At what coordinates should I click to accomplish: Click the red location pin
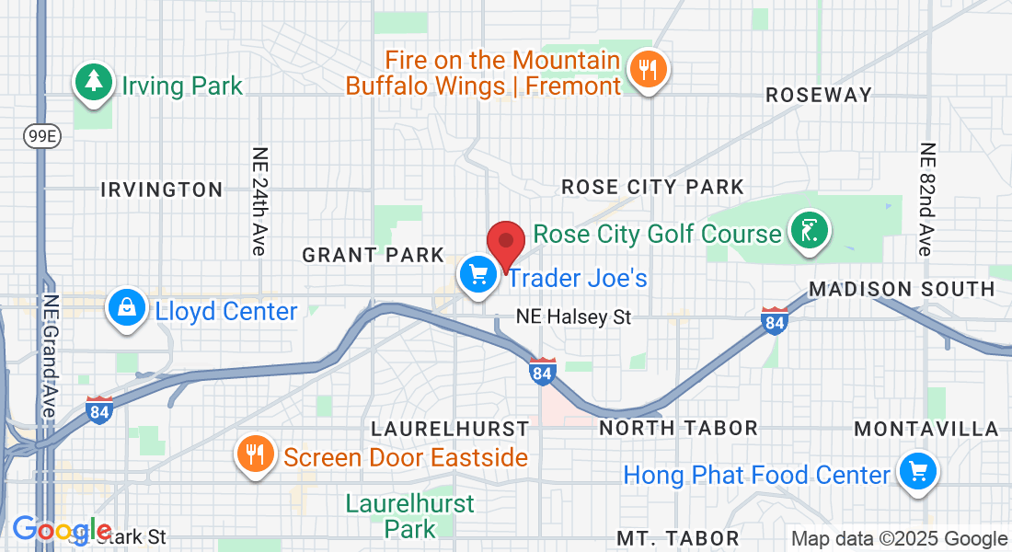tap(505, 245)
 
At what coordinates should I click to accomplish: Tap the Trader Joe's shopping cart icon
tap(477, 274)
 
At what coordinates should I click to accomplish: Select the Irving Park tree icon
tap(93, 80)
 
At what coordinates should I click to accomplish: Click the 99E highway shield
tap(37, 135)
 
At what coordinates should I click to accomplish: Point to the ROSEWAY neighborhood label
tap(818, 95)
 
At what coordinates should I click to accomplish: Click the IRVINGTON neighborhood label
tap(162, 190)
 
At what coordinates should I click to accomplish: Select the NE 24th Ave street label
tap(259, 201)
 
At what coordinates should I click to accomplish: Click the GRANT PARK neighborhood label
tap(374, 255)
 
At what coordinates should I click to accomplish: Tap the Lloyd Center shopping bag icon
tap(129, 307)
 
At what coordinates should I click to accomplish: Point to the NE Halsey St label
tap(573, 317)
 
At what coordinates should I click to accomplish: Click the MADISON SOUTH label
tap(902, 289)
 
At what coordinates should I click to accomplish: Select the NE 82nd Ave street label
tap(926, 199)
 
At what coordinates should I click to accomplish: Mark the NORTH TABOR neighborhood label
tap(678, 428)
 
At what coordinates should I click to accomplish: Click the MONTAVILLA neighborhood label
tap(926, 429)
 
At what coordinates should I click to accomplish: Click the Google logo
tap(61, 530)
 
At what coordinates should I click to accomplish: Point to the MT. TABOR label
tap(678, 537)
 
